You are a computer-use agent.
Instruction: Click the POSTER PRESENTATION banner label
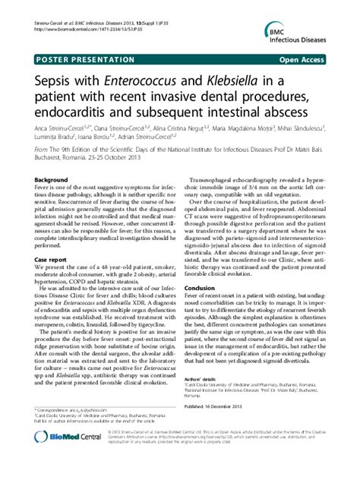(x=77, y=58)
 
